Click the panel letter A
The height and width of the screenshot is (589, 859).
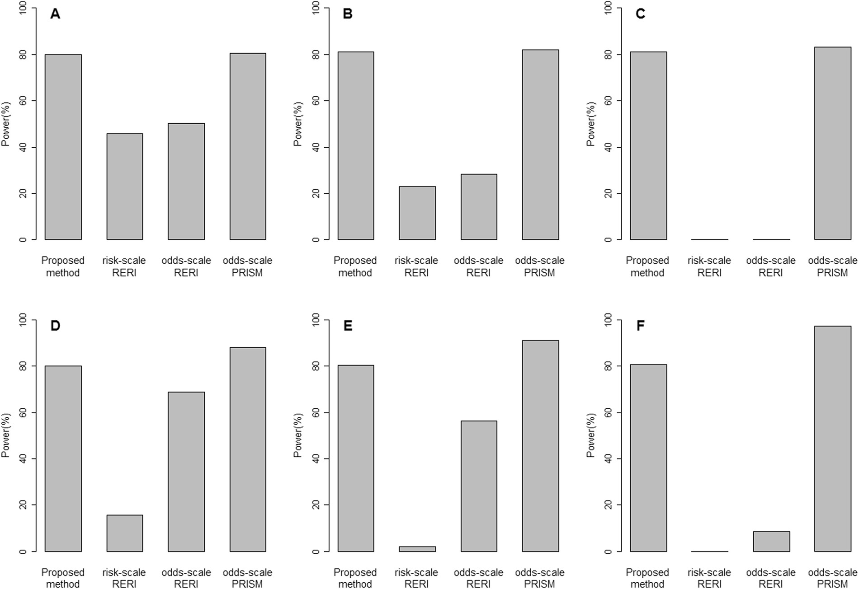coord(55,14)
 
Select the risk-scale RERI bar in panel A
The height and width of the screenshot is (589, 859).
coord(125,186)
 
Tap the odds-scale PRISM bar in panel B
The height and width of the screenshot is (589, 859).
coord(540,145)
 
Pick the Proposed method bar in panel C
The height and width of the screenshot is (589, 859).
coord(648,145)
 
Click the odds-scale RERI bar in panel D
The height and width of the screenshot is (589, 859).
coord(186,472)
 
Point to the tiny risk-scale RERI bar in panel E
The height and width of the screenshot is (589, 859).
coord(417,549)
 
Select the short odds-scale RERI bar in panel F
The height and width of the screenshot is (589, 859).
coord(771,542)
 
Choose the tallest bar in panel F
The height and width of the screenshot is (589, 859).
coord(833,438)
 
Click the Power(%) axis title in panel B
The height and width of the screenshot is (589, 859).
coord(297,124)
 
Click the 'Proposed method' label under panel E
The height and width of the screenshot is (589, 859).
coord(355,578)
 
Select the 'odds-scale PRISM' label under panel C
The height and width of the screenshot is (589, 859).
coord(832,266)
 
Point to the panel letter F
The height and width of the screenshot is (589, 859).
coord(640,326)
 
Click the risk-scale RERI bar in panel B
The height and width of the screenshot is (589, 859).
coord(417,213)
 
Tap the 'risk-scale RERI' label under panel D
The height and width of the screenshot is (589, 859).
coord(124,578)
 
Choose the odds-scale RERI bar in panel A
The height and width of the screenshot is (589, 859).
coord(186,181)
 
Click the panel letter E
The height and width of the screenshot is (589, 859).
coord(348,326)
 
